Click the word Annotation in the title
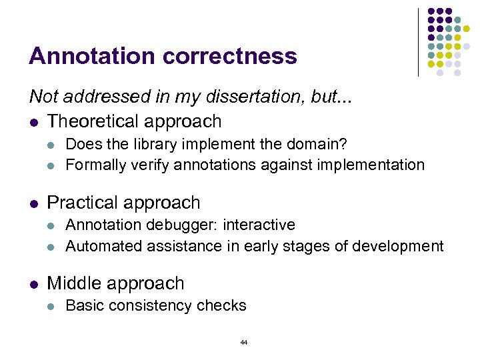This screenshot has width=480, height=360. click(x=83, y=56)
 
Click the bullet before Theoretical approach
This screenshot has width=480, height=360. click(x=33, y=122)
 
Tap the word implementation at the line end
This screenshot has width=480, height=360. click(x=373, y=165)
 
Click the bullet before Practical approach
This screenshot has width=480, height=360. click(x=33, y=203)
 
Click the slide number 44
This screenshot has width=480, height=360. click(x=243, y=342)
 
